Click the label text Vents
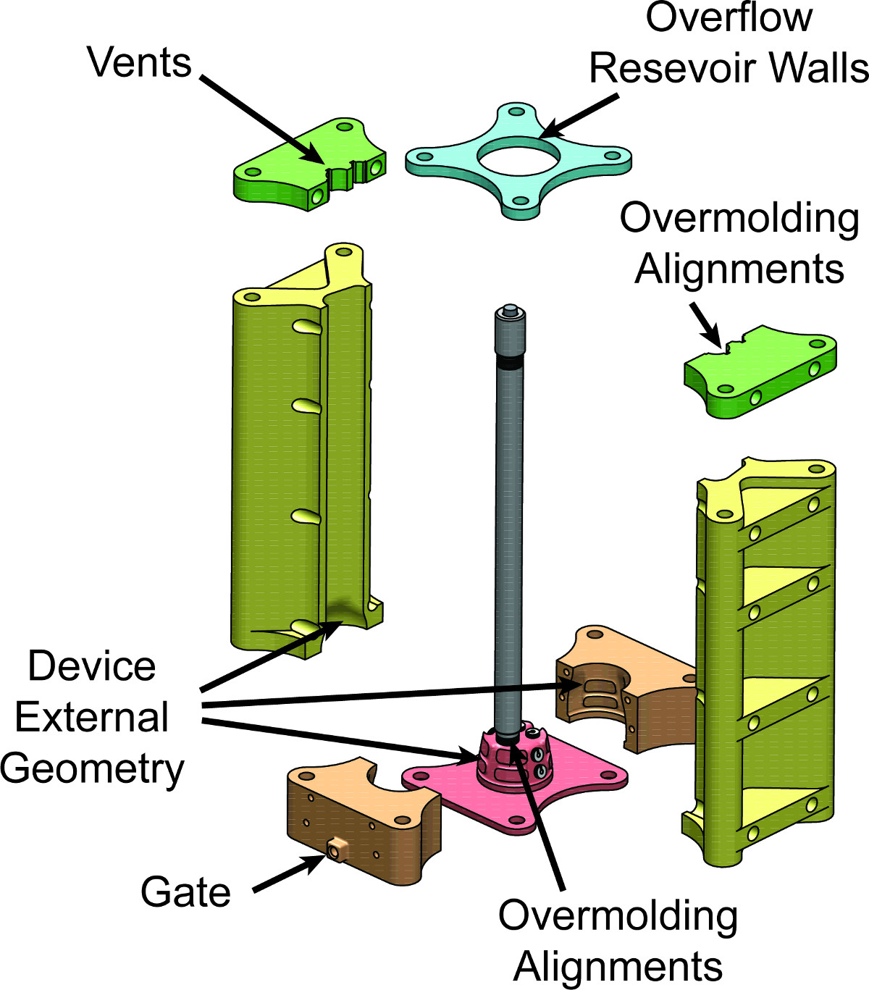(x=139, y=63)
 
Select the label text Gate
(x=185, y=892)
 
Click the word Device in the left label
(x=92, y=666)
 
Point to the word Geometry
(x=92, y=768)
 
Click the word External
(x=92, y=717)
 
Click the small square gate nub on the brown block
(x=335, y=849)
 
